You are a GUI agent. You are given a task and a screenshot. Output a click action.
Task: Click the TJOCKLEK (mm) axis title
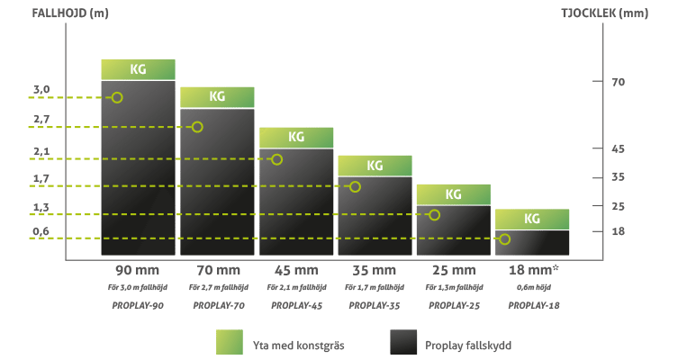point(624,13)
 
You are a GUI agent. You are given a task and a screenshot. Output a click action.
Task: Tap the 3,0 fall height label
point(41,89)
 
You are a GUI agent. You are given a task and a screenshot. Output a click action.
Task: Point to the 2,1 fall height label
point(41,151)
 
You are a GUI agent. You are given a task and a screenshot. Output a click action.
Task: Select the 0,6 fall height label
point(41,231)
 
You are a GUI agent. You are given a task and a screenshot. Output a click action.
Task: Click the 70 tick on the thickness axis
point(618,82)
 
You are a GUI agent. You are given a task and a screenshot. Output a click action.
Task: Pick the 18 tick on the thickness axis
point(618,231)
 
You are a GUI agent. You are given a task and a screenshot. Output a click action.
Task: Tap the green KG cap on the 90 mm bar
point(138,69)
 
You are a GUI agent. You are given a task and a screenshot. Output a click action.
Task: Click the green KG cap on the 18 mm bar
point(532,219)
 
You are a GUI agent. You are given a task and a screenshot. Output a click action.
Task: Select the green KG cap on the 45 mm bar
point(296,137)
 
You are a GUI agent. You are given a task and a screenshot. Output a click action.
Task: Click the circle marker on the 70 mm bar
point(197,127)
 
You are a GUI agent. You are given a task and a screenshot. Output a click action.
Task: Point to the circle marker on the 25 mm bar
point(434,214)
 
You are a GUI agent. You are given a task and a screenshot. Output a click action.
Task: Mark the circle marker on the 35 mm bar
point(355,186)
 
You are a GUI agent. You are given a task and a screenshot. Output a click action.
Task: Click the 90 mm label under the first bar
point(138,270)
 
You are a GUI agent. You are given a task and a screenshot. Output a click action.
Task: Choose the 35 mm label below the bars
point(375,270)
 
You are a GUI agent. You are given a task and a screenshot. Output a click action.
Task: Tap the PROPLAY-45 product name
point(295,306)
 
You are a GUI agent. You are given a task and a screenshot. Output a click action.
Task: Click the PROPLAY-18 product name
point(531,306)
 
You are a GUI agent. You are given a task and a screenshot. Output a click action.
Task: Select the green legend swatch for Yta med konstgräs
point(231,343)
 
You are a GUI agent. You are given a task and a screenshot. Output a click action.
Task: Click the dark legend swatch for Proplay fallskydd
point(403,343)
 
